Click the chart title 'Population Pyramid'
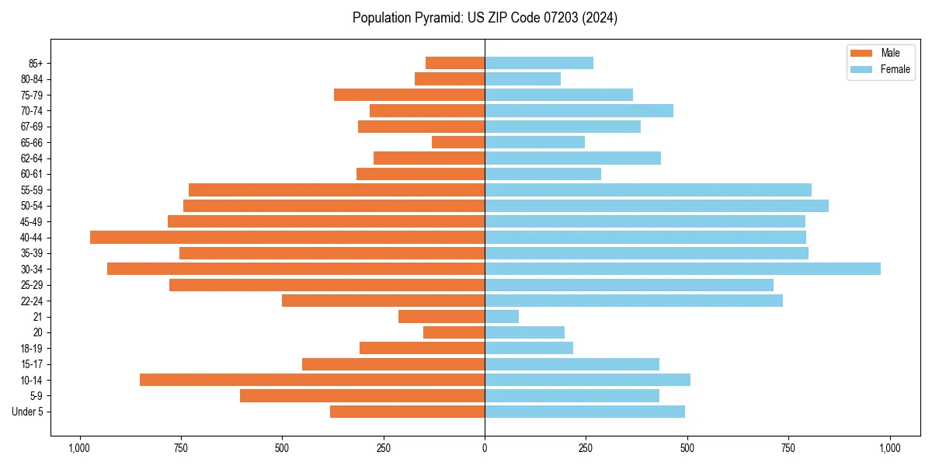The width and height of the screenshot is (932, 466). [x=485, y=18]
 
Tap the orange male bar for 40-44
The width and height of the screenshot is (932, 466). [x=287, y=238]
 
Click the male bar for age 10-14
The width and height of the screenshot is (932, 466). [x=312, y=380]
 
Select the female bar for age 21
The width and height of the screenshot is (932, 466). [x=502, y=317]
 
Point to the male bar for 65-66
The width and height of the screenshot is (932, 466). [x=458, y=142]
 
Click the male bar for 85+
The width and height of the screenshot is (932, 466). [x=455, y=63]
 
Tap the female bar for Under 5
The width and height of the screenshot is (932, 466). [x=585, y=412]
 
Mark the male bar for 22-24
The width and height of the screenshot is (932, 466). [x=383, y=301]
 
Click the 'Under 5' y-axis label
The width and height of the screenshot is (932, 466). [x=28, y=412]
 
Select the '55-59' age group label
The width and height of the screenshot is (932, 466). [x=32, y=190]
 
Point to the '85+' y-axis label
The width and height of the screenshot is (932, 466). [x=34, y=63]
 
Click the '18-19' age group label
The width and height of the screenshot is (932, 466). [x=32, y=349]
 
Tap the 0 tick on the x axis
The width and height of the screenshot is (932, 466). [x=485, y=448]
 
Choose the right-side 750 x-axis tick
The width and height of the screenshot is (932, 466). [x=788, y=448]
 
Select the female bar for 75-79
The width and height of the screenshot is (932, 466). [x=558, y=95]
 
